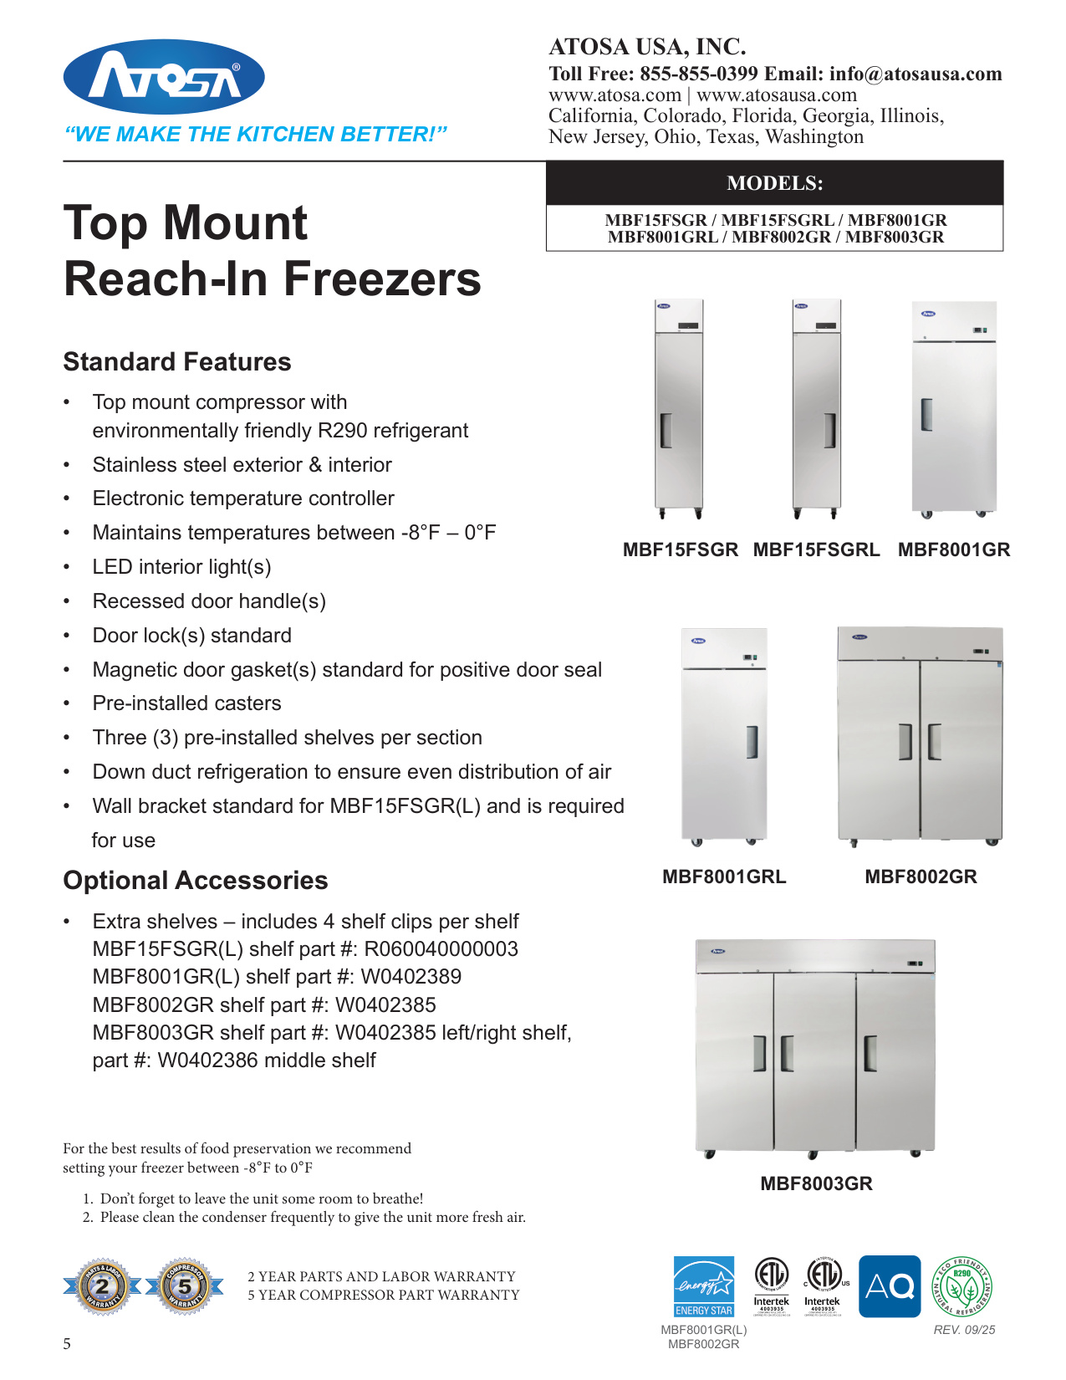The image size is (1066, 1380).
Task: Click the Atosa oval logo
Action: pos(164,77)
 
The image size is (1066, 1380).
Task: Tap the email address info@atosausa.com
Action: pos(916,74)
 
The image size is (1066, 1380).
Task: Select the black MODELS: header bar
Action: pos(774,183)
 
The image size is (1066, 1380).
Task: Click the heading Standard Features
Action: pos(177,362)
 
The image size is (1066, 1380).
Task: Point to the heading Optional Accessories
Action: pos(196,881)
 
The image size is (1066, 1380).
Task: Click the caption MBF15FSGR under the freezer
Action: pos(681,550)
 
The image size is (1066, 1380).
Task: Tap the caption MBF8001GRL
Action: pos(724,877)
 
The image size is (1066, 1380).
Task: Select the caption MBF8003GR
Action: pos(816,1184)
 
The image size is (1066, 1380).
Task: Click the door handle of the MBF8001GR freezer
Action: pos(926,414)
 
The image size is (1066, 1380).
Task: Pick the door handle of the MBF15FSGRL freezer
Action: pos(829,431)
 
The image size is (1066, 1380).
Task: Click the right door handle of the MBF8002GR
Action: pos(934,742)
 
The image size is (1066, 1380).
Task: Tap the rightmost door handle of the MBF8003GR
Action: pos(870,1054)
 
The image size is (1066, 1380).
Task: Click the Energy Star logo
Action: pos(704,1286)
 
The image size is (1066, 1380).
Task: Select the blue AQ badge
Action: pos(890,1286)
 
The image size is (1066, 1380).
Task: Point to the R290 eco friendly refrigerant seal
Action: pos(962,1286)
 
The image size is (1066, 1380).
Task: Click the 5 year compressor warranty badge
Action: pos(185,1286)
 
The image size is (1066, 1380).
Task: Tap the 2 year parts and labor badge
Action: pos(103,1286)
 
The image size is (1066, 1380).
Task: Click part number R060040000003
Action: pos(441,949)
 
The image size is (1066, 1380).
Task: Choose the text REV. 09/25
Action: pos(964,1330)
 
